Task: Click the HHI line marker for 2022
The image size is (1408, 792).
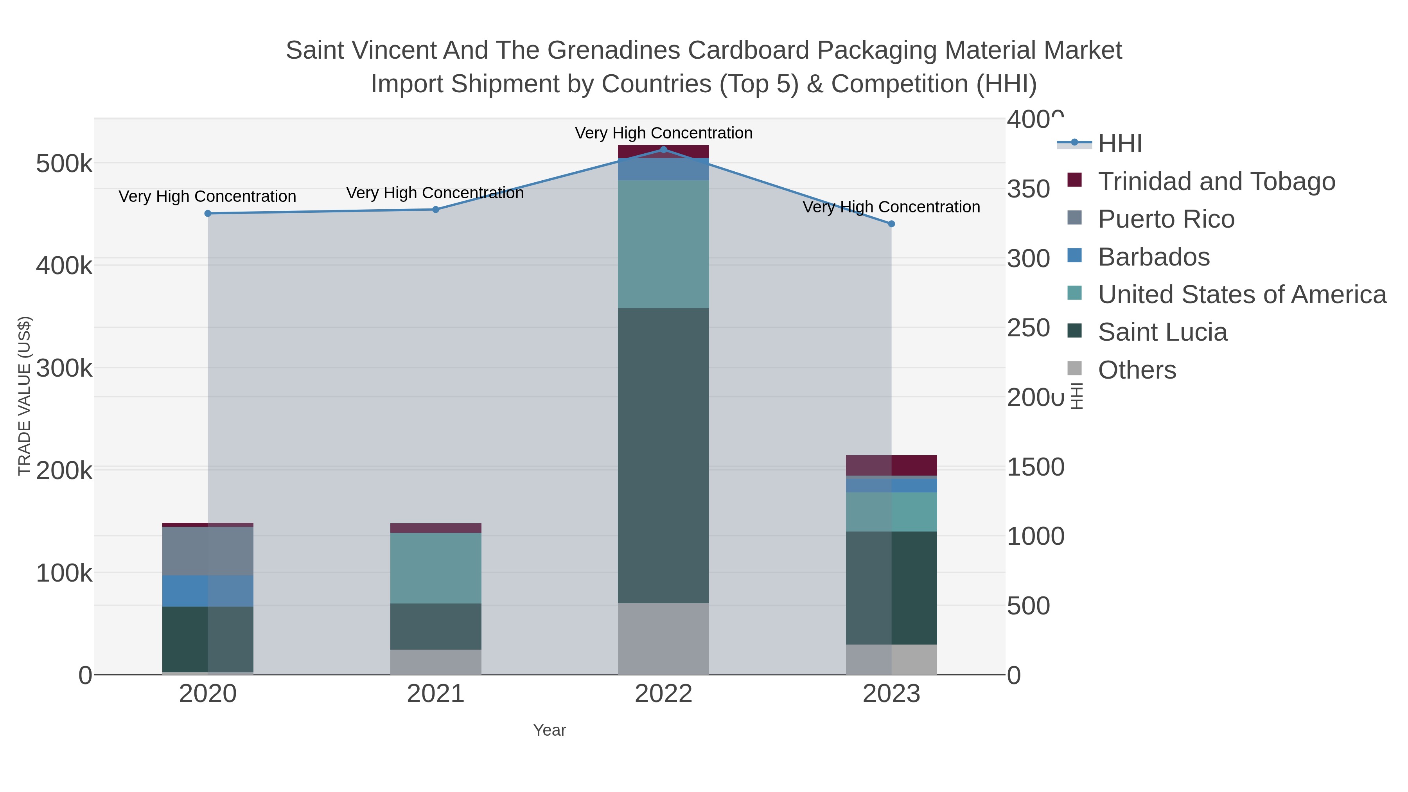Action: [664, 149]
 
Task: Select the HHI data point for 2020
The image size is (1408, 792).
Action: [208, 213]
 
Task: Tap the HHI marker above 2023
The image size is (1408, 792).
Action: [891, 224]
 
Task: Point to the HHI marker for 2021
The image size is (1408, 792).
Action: [436, 209]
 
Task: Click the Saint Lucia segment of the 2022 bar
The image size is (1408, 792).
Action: [664, 455]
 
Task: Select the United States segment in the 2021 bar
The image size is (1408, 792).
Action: [436, 568]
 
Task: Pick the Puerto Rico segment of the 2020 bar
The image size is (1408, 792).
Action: [208, 551]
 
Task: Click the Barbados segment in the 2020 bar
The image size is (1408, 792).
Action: [208, 591]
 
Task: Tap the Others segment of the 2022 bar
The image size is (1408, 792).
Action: [664, 638]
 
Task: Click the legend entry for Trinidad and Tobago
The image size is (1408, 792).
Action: [1216, 181]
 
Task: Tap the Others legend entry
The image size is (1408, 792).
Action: [1137, 370]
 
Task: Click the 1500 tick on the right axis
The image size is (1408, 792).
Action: [1035, 467]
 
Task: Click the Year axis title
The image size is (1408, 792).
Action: [550, 730]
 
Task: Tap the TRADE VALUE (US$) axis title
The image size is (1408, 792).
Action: [25, 396]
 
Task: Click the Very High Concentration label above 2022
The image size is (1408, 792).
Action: [664, 133]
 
